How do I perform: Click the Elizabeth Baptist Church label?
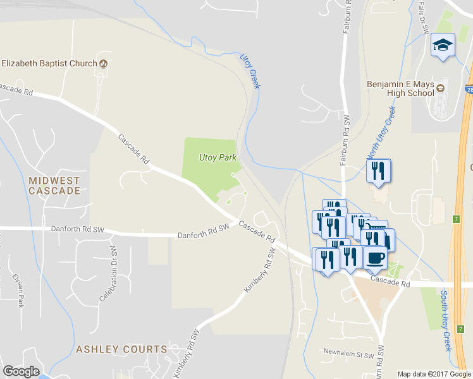[49, 63]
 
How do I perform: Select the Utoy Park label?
[218, 157]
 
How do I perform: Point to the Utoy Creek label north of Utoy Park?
[250, 70]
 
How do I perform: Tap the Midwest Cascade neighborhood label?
[54, 185]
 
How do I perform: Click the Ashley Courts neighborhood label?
[121, 349]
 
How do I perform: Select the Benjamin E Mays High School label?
[401, 88]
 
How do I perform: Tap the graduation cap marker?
[443, 45]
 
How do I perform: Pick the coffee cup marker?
[375, 258]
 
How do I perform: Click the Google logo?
[21, 371]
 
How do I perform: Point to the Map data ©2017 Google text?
[434, 374]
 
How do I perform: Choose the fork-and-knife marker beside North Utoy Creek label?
[378, 171]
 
